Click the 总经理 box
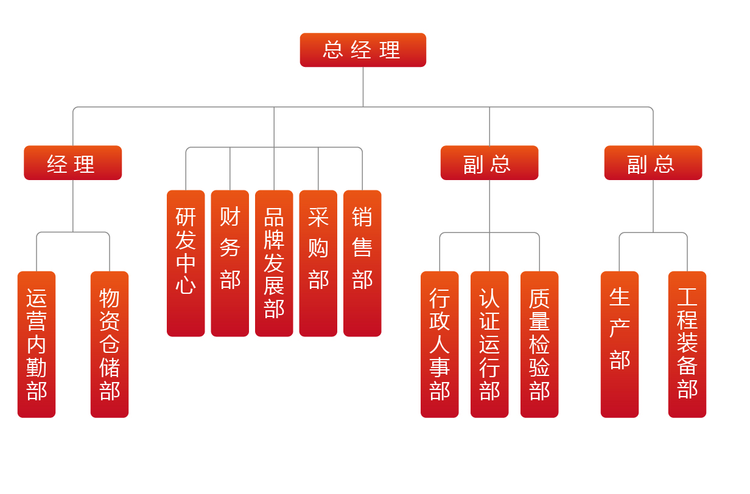363,50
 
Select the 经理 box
72,163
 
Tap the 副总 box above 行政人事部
489,163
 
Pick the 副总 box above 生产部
653,163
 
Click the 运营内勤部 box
37,344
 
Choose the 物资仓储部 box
110,344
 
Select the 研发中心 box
186,263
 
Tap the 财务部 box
230,263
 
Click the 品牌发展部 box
274,263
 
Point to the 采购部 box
318,263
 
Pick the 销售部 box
362,263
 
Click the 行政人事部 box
440,344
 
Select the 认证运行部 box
489,344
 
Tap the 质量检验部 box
539,344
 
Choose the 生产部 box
620,344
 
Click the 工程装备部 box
687,344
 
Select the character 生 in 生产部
620,297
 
